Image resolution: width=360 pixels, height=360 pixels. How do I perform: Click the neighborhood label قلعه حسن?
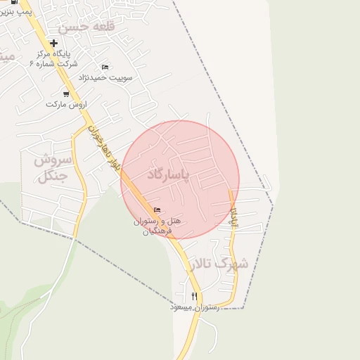82,27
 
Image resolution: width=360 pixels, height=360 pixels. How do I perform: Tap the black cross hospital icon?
53,42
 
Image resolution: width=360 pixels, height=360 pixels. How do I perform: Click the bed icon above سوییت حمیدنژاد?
105,67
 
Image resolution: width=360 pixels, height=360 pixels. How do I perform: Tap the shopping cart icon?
66,94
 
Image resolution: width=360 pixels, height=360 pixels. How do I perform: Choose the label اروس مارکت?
65,104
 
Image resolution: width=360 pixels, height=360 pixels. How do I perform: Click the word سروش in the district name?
49,160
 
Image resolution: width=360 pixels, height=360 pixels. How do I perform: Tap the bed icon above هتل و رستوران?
157,210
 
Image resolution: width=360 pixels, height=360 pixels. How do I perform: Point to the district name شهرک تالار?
218,264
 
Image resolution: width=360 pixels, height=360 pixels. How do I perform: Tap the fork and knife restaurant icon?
194,296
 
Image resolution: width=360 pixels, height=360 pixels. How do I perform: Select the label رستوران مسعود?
195,307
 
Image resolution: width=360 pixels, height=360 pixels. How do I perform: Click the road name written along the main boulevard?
103,148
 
